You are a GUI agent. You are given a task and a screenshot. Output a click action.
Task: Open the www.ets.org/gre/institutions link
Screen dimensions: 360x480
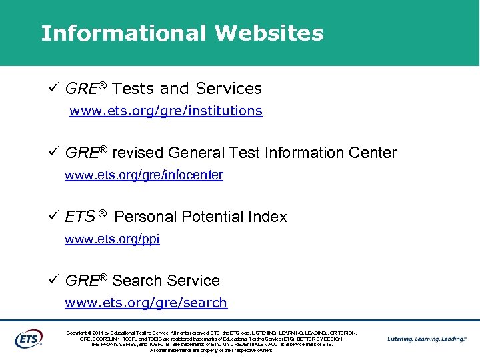click(166, 111)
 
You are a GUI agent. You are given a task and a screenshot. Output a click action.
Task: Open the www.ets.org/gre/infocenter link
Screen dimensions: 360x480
click(144, 175)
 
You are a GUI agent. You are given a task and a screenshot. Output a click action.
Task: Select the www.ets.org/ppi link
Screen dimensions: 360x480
click(112, 239)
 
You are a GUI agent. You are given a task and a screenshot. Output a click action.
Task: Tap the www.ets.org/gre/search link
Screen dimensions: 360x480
click(146, 303)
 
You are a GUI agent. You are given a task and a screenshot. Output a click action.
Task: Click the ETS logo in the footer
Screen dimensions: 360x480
click(29, 339)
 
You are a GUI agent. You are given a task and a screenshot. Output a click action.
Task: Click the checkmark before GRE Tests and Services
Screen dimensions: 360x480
click(55, 87)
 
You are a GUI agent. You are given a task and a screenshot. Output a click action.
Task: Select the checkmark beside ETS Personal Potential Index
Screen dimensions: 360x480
click(55, 216)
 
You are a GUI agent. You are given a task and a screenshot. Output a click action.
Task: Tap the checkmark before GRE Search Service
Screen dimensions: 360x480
click(55, 280)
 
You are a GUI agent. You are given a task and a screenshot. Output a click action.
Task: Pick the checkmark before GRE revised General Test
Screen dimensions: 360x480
click(55, 152)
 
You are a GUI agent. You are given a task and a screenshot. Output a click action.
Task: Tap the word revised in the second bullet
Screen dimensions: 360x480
click(138, 153)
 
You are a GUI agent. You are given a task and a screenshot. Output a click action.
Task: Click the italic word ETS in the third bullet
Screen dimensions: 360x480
click(80, 217)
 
